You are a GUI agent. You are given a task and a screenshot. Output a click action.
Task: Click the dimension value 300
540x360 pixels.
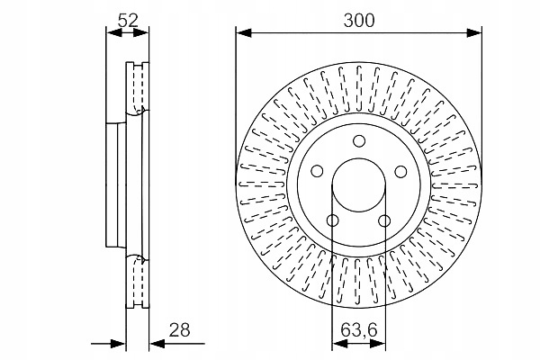click(359, 21)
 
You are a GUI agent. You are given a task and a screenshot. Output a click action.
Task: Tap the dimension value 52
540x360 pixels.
click(128, 21)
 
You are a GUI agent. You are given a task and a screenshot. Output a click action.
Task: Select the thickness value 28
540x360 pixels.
click(179, 330)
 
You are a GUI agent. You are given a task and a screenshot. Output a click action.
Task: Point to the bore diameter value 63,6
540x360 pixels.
click(359, 330)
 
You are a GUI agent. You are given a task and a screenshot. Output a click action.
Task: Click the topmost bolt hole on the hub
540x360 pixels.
click(359, 141)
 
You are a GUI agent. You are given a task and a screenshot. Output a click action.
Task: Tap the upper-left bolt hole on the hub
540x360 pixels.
click(317, 171)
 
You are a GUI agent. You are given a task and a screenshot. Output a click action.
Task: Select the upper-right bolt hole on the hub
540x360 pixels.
click(400, 171)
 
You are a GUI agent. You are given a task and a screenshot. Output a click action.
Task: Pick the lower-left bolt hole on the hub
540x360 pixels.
click(333, 220)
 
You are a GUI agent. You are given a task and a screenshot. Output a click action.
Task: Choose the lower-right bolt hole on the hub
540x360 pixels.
click(384, 220)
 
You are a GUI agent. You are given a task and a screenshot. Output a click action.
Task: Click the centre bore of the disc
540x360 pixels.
click(359, 185)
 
